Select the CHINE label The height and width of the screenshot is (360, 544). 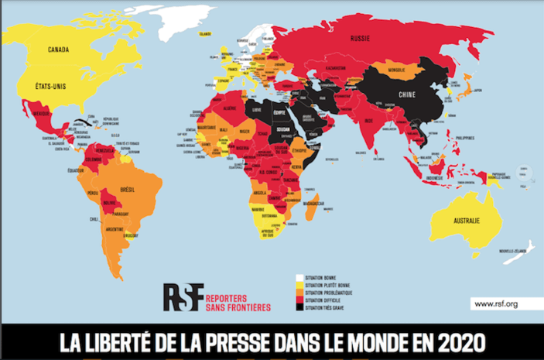point(406,94)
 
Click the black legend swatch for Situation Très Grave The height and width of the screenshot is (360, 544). point(299,308)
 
